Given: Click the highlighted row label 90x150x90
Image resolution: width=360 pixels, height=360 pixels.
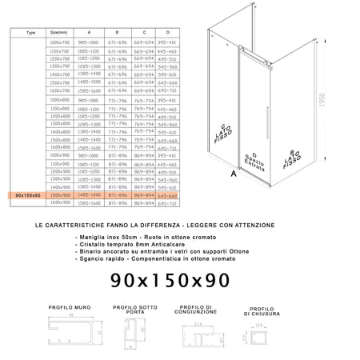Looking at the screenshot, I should click(27, 194).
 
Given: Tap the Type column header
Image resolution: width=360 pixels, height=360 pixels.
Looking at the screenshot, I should click(30, 33).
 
